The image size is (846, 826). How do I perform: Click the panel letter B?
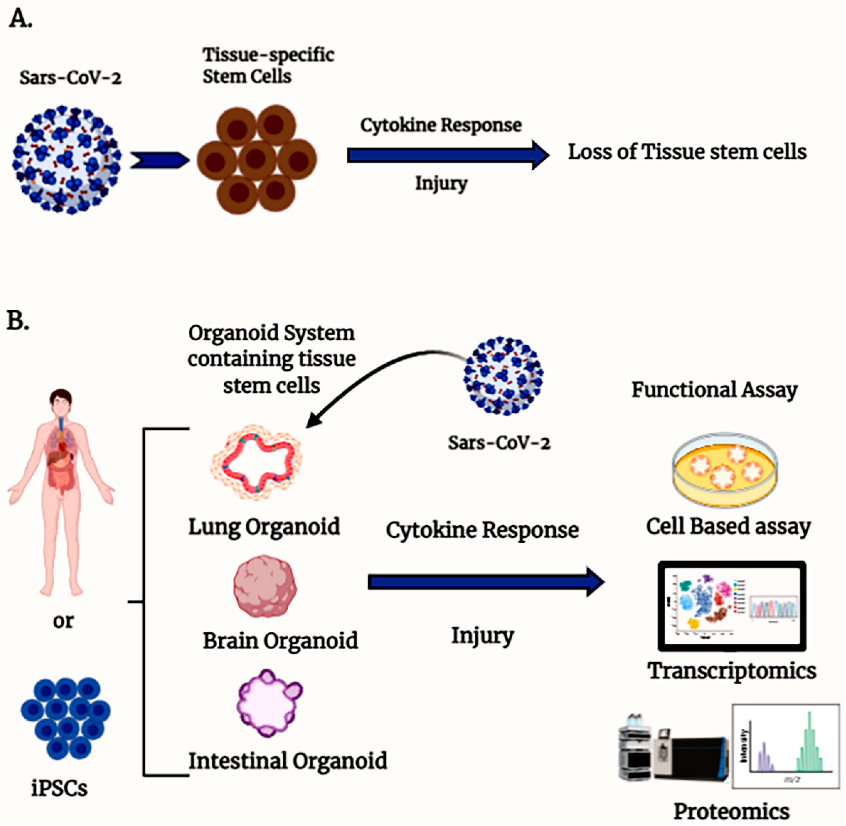pyautogui.click(x=17, y=321)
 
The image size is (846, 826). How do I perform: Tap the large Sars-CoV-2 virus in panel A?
pyautogui.click(x=67, y=160)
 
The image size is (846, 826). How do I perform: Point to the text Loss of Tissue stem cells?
pyautogui.click(x=687, y=152)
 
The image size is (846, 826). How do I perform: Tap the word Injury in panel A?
pyautogui.click(x=441, y=183)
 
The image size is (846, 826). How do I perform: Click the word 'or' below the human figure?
pyautogui.click(x=63, y=621)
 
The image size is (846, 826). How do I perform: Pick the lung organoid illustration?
pyautogui.click(x=256, y=462)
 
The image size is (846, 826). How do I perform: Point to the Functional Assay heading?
pyautogui.click(x=714, y=389)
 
